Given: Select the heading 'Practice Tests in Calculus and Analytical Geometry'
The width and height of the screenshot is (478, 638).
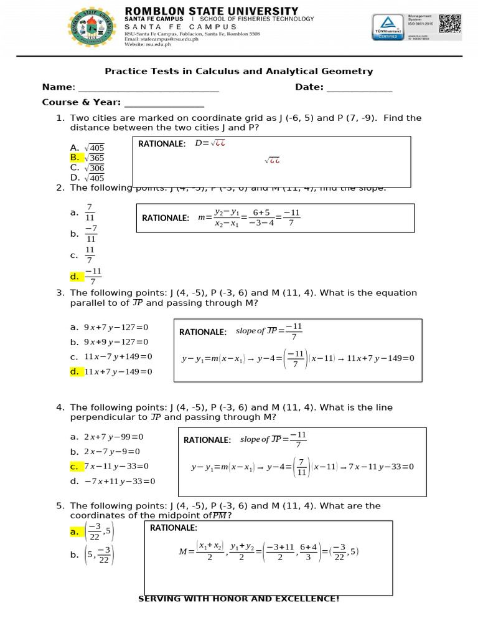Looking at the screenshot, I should tap(238, 71).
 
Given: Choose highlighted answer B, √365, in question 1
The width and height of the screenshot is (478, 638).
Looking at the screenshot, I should tap(88, 158).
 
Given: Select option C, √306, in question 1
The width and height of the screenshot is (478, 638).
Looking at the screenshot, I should tap(88, 168).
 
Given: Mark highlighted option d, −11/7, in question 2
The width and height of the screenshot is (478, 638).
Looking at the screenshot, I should tap(87, 276).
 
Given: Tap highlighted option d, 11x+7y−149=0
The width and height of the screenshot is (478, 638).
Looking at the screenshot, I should tap(111, 372).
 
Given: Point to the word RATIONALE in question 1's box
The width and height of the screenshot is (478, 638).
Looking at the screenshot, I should tap(162, 144).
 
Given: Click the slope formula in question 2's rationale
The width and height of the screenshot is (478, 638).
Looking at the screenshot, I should tap(249, 218).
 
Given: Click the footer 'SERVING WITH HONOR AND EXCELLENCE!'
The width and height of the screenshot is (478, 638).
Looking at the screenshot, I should tap(238, 599).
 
